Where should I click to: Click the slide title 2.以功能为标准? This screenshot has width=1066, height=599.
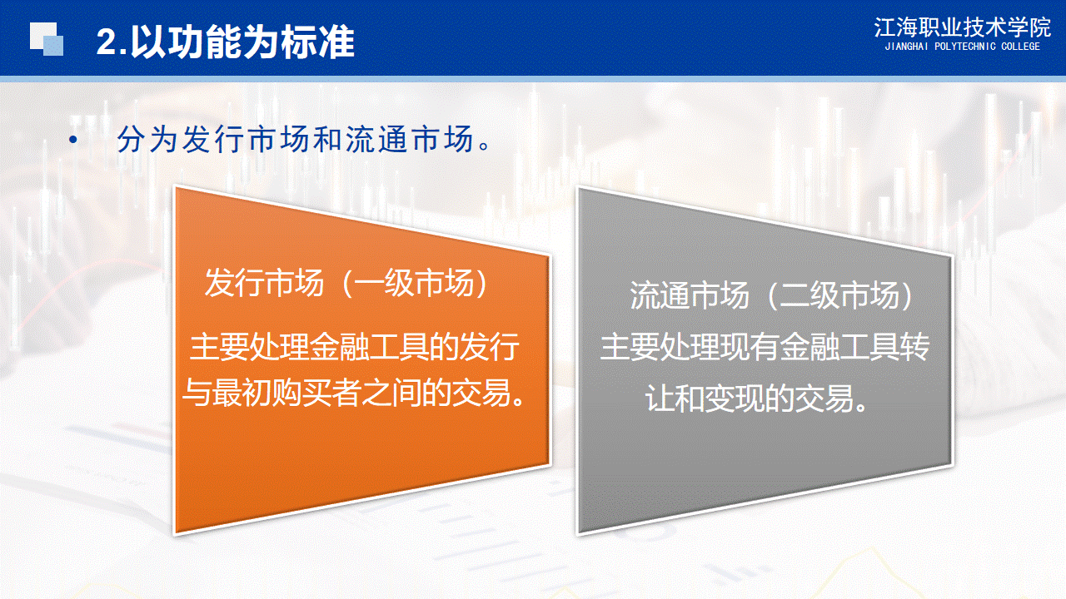pos(225,42)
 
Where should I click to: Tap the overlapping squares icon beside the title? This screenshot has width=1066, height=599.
pos(47,39)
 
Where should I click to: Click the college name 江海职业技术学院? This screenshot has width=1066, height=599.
pos(962,27)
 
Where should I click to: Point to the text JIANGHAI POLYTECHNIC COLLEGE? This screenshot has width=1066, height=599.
pos(962,47)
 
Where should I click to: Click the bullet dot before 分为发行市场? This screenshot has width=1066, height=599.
pos(72,140)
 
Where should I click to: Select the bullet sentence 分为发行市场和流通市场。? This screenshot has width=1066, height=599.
pos(304,140)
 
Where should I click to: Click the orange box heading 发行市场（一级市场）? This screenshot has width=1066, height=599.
pos(346,283)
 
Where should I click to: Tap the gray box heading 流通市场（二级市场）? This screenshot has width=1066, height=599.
pos(772,295)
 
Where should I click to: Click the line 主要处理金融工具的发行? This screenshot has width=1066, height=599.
pos(354,347)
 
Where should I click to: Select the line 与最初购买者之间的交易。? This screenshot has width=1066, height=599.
pos(354,393)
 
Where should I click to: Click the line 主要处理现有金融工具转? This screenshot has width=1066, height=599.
pos(765,347)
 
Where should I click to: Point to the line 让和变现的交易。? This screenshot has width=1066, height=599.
pos(757,398)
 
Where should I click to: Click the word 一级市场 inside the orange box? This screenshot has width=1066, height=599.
pos(414,283)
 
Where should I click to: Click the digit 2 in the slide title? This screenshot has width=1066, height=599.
pos(107,42)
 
